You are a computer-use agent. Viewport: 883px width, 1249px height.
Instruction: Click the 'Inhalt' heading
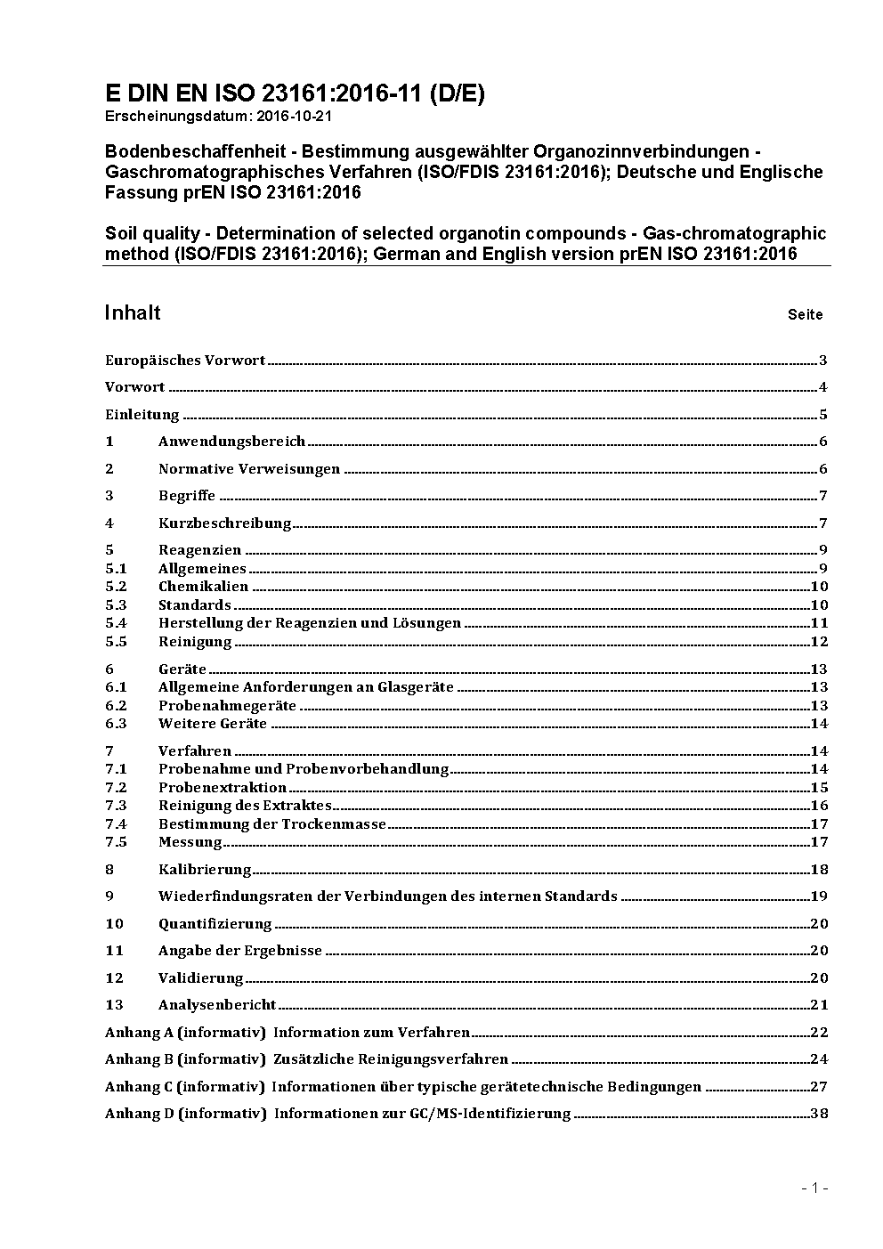pyautogui.click(x=133, y=312)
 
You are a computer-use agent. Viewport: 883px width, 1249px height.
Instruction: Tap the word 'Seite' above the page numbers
pyautogui.click(x=805, y=314)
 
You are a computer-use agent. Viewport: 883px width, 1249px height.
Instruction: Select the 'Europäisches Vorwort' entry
pyautogui.click(x=185, y=361)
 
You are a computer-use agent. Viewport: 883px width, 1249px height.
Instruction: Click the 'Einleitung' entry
pyautogui.click(x=142, y=415)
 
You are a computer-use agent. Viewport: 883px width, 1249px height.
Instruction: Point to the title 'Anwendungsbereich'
pyautogui.click(x=231, y=442)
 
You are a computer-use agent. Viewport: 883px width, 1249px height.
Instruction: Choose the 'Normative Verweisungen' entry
pyautogui.click(x=249, y=469)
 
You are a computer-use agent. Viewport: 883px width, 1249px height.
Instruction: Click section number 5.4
pyautogui.click(x=116, y=623)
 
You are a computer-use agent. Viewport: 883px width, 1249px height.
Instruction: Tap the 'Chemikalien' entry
pyautogui.click(x=203, y=587)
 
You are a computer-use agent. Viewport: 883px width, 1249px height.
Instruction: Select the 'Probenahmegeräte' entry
pyautogui.click(x=227, y=706)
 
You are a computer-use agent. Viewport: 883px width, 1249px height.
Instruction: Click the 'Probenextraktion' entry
pyautogui.click(x=223, y=788)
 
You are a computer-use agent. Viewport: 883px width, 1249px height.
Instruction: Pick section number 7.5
pyautogui.click(x=116, y=842)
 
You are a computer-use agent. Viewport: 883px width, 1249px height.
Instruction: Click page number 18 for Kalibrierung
pyautogui.click(x=819, y=870)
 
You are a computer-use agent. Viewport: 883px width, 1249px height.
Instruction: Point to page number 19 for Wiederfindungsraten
pyautogui.click(x=819, y=896)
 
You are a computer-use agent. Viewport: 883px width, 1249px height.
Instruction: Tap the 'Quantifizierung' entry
pyautogui.click(x=215, y=924)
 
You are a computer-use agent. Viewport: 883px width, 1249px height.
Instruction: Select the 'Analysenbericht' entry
pyautogui.click(x=217, y=1005)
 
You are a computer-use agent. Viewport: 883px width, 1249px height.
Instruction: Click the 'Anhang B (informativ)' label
pyautogui.click(x=185, y=1059)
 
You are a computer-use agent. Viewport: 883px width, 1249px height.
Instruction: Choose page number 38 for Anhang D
pyautogui.click(x=819, y=1114)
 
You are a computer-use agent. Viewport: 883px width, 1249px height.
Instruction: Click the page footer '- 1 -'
pyautogui.click(x=814, y=1188)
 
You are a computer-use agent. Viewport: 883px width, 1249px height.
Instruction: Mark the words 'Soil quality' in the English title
pyautogui.click(x=152, y=233)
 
